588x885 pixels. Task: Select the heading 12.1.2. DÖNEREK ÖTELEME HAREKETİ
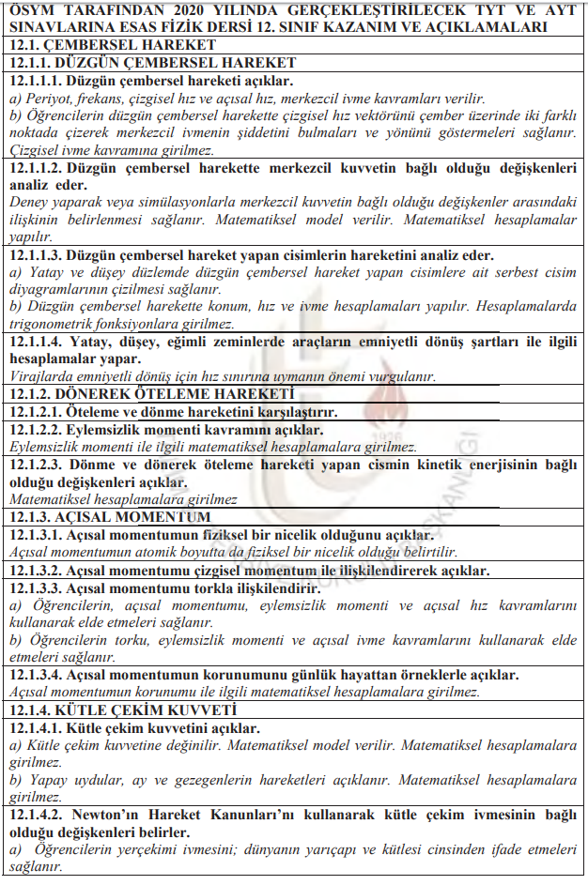coord(150,394)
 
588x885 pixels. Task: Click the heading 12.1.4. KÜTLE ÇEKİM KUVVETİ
coord(122,710)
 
